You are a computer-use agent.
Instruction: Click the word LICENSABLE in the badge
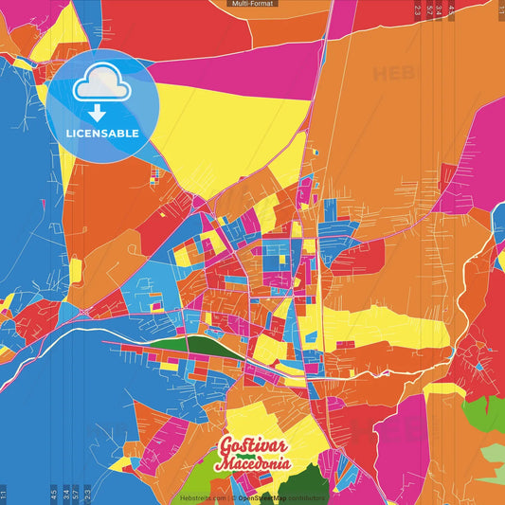point(101,134)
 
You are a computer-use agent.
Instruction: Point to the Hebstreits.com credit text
point(201,496)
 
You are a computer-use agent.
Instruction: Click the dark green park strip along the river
point(194,347)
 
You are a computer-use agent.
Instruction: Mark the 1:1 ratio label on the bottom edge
point(5,495)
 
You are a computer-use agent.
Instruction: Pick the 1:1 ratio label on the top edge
point(500,9)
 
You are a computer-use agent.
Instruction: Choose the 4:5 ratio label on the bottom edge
point(53,494)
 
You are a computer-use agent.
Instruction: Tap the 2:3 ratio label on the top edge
point(418,9)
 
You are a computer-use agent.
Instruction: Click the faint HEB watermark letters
point(393,73)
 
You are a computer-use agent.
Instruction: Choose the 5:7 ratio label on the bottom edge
point(76,494)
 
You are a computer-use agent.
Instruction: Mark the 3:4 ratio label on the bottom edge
point(64,494)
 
